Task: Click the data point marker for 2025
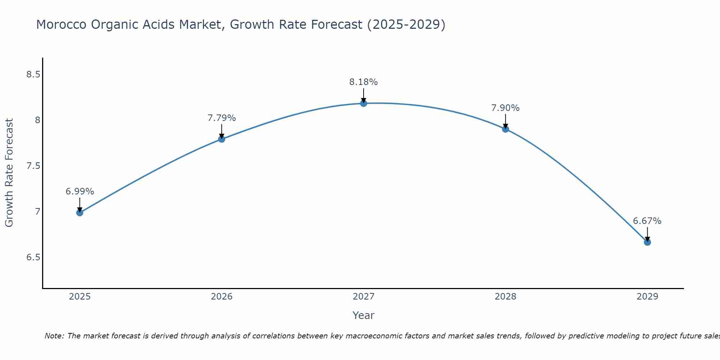(x=80, y=212)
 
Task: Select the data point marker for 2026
(x=221, y=139)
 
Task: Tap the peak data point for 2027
(x=364, y=103)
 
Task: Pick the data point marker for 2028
(x=505, y=129)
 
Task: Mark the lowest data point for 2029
(x=647, y=242)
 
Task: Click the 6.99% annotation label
(x=80, y=192)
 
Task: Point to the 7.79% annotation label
(x=221, y=118)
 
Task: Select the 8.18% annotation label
(x=364, y=82)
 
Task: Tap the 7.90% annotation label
(x=505, y=108)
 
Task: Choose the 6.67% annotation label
(x=647, y=221)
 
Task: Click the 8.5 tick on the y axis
(x=33, y=75)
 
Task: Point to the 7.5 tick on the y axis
(x=33, y=166)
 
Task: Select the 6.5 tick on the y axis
(x=33, y=257)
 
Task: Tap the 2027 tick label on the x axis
(x=364, y=297)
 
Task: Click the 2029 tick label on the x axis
(x=647, y=297)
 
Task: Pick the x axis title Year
(x=364, y=315)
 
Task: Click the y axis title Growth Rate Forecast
(x=9, y=173)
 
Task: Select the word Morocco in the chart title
(x=62, y=24)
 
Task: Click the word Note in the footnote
(x=54, y=336)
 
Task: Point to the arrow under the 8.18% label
(x=364, y=95)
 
